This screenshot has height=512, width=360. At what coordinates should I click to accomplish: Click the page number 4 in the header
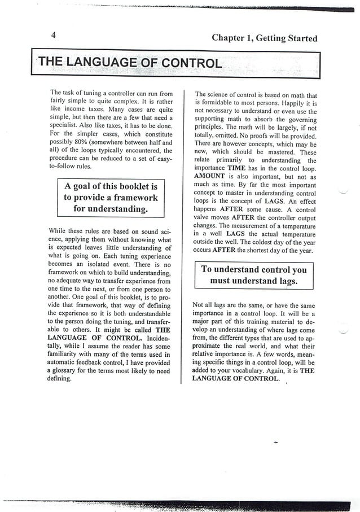[52, 35]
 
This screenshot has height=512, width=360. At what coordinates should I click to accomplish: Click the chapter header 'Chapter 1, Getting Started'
[264, 38]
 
